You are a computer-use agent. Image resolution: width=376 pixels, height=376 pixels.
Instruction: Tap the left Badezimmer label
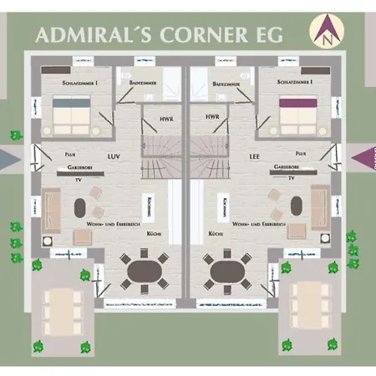click(x=135, y=84)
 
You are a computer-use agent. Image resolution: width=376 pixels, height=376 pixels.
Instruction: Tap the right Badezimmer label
click(x=227, y=84)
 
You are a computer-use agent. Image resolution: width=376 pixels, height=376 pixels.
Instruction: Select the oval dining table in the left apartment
click(x=146, y=269)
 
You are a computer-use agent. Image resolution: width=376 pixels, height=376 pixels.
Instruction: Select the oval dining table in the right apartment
click(x=226, y=269)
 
